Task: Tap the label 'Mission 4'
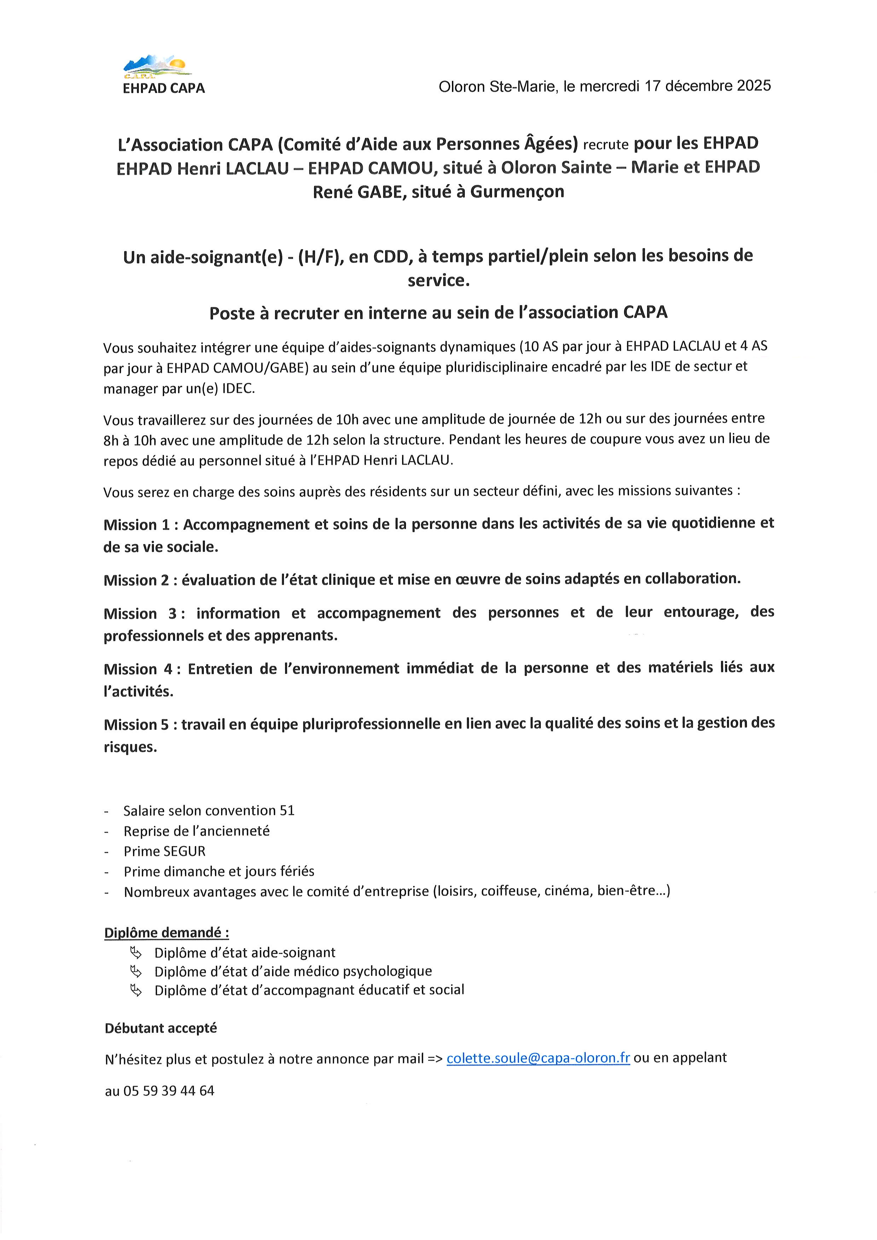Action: (138, 669)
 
